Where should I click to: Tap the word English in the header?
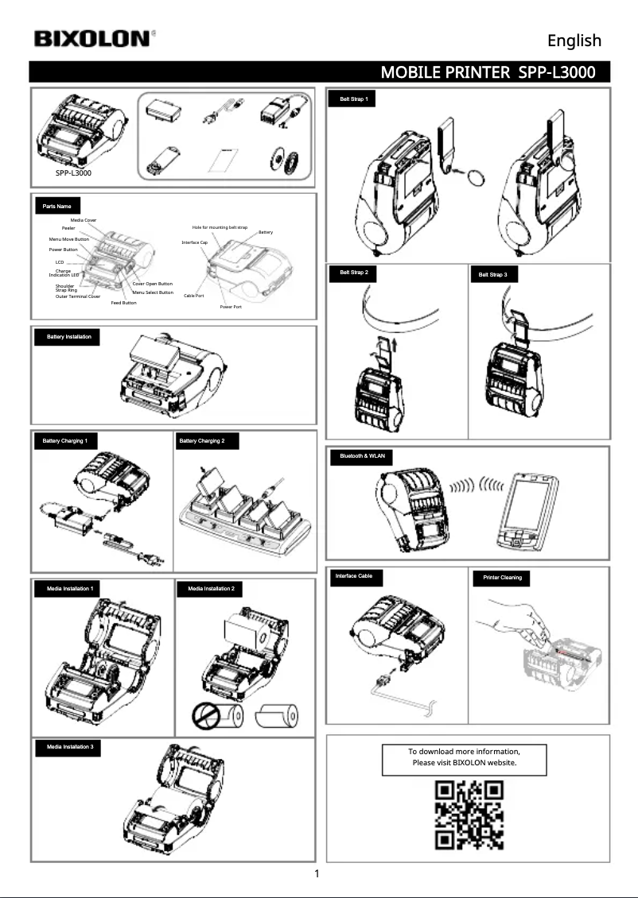574,41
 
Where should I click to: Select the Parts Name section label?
57,207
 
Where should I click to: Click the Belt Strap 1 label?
352,99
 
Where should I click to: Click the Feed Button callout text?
123,303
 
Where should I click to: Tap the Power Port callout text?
231,306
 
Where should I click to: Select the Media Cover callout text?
84,219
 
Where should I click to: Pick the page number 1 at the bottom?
317,875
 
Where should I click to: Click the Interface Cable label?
354,575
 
